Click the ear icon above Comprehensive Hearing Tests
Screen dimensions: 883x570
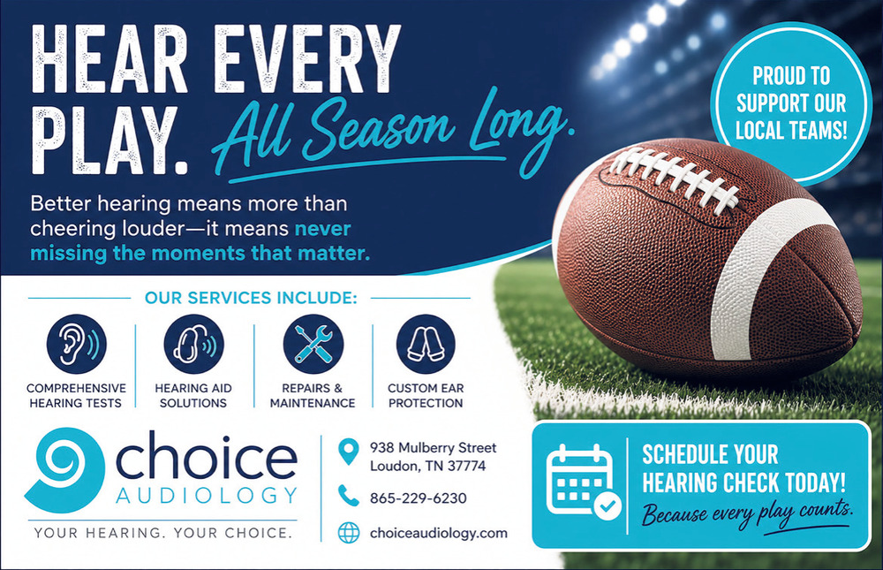click(77, 344)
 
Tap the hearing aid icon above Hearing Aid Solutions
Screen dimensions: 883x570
click(193, 344)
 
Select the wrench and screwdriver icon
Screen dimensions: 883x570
click(313, 344)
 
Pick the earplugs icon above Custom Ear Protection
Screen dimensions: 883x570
click(426, 344)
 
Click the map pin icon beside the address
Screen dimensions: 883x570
click(349, 452)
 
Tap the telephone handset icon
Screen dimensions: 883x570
click(349, 496)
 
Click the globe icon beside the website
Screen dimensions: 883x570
click(349, 532)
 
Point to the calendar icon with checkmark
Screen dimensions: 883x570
click(584, 481)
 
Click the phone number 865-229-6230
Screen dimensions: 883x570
click(419, 498)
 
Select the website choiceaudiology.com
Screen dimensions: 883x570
click(439, 534)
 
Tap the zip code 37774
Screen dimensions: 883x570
click(467, 467)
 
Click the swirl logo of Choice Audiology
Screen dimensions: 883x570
click(64, 469)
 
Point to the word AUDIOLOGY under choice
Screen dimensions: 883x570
click(206, 496)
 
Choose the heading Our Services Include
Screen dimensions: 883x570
click(251, 298)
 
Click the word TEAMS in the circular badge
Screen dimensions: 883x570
click(819, 130)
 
